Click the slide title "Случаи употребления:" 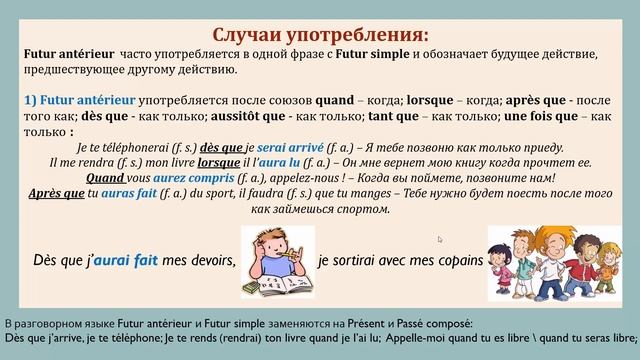319,17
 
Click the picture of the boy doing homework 277,261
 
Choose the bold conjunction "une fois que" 529,116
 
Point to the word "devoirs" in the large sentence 211,262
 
